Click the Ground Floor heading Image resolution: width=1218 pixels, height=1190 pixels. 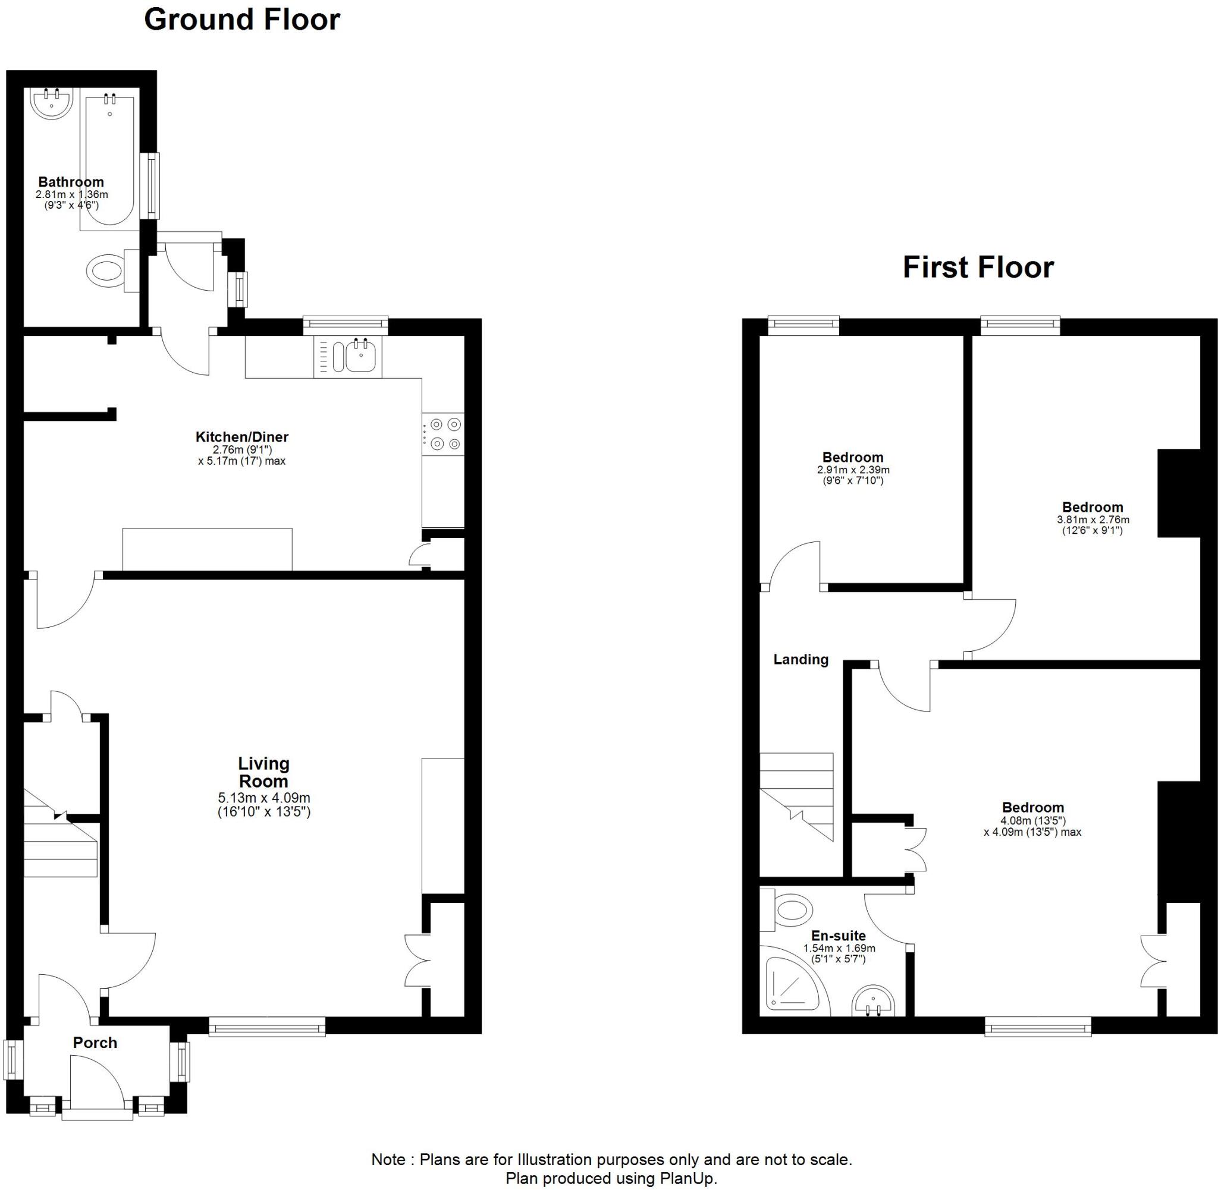pyautogui.click(x=242, y=20)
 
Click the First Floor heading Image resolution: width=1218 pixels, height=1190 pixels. pyautogui.click(x=978, y=267)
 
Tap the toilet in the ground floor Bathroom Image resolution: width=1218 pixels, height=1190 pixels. pyautogui.click(x=106, y=270)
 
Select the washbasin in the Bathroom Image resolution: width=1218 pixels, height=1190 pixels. pyautogui.click(x=52, y=103)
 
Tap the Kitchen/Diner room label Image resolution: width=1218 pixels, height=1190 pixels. pyautogui.click(x=242, y=437)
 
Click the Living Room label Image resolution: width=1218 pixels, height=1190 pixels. pyautogui.click(x=263, y=772)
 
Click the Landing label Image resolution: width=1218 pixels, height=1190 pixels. pyautogui.click(x=801, y=659)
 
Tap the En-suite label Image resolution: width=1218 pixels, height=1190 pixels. pyautogui.click(x=838, y=936)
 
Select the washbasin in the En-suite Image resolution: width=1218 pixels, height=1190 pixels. pyautogui.click(x=874, y=1000)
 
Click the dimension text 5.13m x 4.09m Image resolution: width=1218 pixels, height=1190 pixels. pyautogui.click(x=263, y=798)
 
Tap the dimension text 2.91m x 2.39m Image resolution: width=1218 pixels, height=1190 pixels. pyautogui.click(x=853, y=470)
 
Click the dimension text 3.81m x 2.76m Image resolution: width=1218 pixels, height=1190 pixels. pyautogui.click(x=1093, y=520)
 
